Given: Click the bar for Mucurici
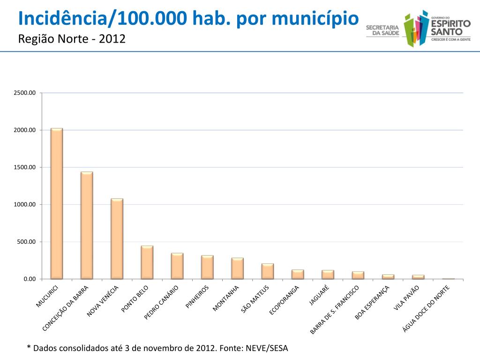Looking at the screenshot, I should coord(57,203).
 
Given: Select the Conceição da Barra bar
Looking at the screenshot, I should coord(87,225).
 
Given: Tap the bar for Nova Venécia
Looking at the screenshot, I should coord(117,239).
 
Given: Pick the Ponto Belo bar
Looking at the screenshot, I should coord(147,262).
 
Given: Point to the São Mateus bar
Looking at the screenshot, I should coord(268,271).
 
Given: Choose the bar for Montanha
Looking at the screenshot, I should coord(237,269).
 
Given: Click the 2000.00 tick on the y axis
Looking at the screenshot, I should coord(24,130).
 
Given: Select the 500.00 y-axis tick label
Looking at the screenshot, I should coord(26,242).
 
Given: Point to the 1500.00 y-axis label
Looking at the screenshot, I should coord(24,167).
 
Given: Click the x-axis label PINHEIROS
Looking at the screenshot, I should coord(197,296).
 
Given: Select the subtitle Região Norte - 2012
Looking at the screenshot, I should coord(72,38).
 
